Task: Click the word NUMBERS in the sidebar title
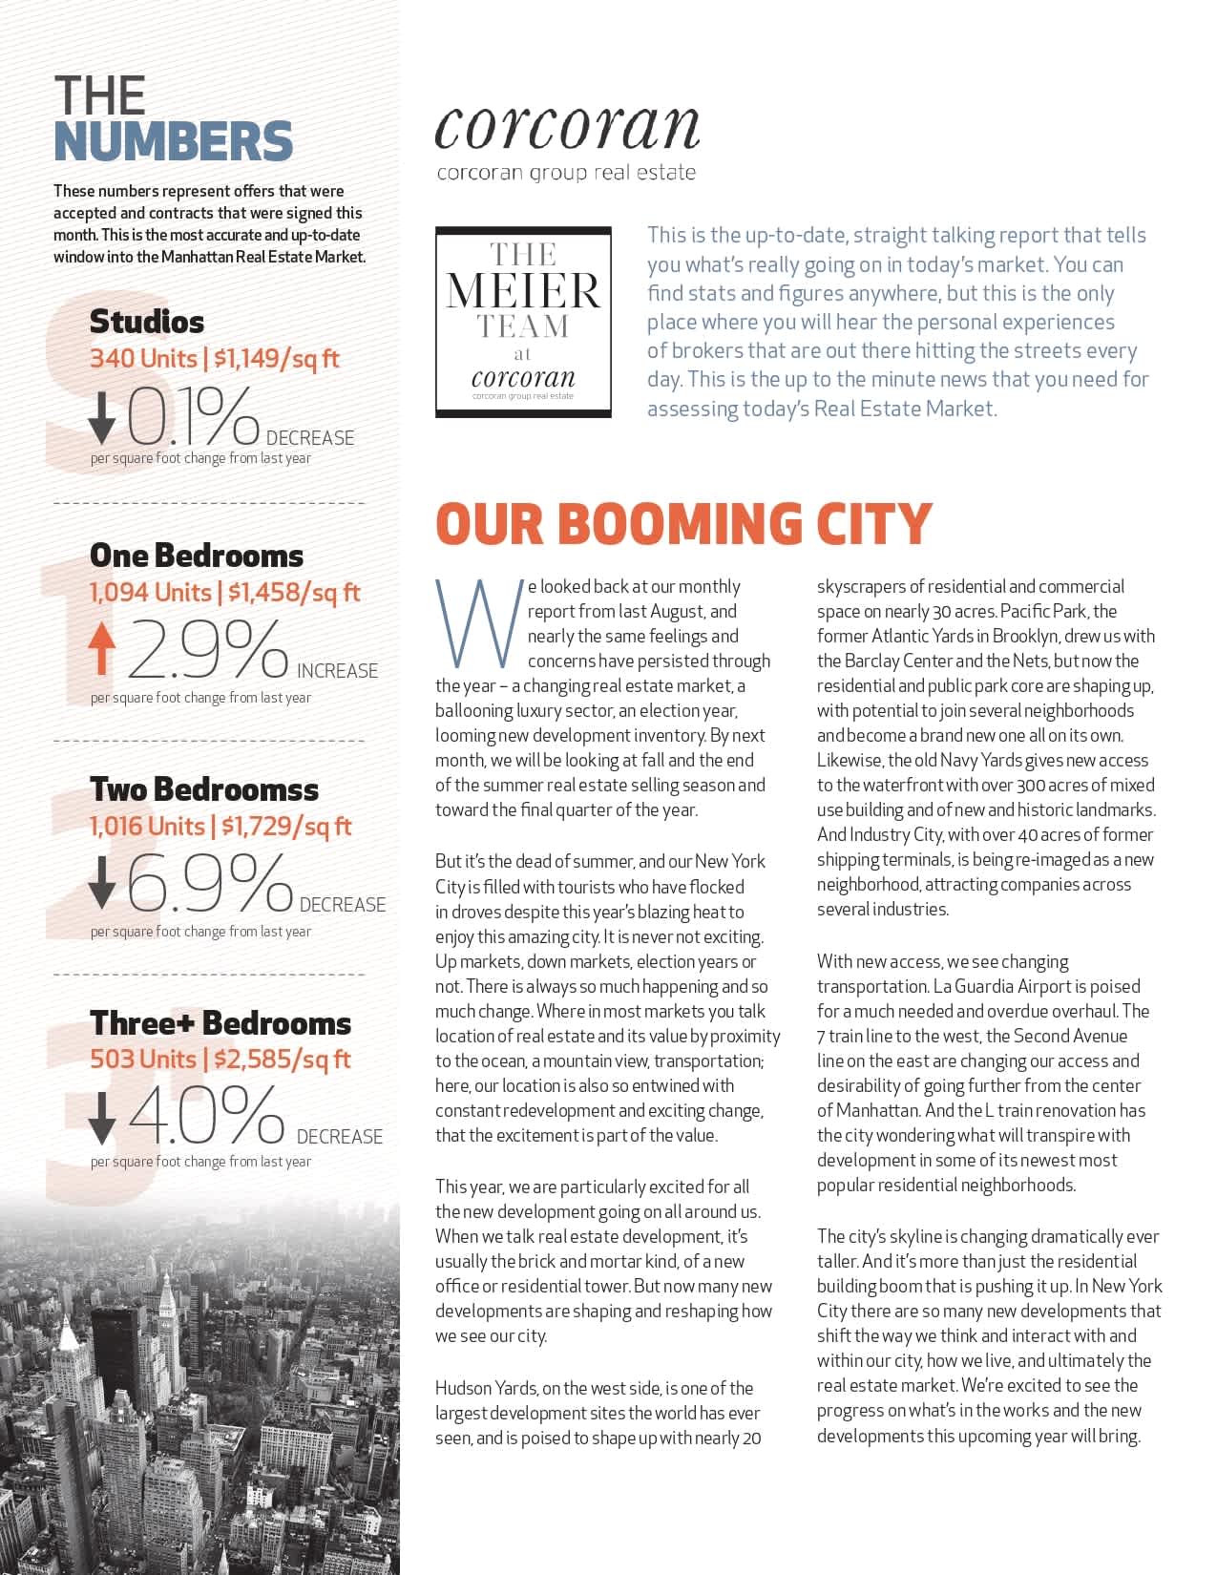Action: (x=173, y=141)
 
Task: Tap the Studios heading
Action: (x=146, y=322)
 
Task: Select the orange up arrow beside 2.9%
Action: (x=101, y=649)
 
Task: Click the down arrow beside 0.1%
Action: (x=101, y=418)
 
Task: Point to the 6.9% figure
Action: (x=208, y=883)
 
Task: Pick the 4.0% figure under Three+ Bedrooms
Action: (x=206, y=1115)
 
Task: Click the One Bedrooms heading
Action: (x=196, y=556)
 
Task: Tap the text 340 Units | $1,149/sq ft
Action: (x=214, y=359)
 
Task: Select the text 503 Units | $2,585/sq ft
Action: (x=220, y=1060)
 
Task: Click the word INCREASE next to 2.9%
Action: (x=337, y=671)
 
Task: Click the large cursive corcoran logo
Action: (x=567, y=127)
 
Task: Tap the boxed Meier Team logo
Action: (x=523, y=322)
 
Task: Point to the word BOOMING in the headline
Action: (x=679, y=524)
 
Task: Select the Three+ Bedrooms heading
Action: (x=220, y=1023)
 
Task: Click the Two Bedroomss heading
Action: (x=203, y=789)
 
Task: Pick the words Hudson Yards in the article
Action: (x=482, y=1388)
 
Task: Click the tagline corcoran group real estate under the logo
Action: (x=566, y=173)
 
